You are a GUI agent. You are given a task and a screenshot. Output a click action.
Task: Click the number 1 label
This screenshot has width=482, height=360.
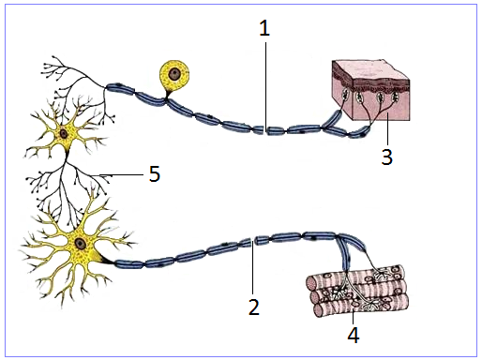coord(264,29)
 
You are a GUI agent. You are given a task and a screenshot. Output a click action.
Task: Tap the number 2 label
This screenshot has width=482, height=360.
coord(253,307)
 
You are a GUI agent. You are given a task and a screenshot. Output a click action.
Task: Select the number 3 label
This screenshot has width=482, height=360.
coord(386,157)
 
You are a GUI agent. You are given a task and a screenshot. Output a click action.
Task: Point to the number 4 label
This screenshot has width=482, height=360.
coord(354,335)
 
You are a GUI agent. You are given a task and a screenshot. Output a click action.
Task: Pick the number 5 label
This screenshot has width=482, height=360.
coord(155,174)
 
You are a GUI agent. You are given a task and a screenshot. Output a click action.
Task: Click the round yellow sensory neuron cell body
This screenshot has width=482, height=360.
coord(174,75)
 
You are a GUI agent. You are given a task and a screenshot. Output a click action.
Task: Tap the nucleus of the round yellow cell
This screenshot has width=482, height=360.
coord(173,74)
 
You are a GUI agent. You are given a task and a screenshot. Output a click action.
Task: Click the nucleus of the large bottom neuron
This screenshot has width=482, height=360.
coord(81,244)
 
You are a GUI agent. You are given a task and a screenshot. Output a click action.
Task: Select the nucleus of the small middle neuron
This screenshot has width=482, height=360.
coord(64,134)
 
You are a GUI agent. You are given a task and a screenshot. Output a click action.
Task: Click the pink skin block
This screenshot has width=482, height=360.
coord(371,91)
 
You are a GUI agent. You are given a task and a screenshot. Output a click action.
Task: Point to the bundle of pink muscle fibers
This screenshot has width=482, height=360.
coord(358,291)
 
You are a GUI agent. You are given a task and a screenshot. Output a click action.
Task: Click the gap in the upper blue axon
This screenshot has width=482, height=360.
coord(264,130)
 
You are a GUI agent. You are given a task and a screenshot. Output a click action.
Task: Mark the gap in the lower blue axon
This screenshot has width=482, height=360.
coord(253,242)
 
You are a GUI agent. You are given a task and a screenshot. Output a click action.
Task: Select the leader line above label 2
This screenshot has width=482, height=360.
coord(252,269)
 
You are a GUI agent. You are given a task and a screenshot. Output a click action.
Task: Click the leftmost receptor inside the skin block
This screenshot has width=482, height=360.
coord(345,95)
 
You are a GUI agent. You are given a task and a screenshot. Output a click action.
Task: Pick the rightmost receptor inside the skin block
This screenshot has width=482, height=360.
coord(395,96)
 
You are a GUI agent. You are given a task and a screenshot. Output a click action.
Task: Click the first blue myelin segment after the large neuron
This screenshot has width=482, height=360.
coord(129,264)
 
